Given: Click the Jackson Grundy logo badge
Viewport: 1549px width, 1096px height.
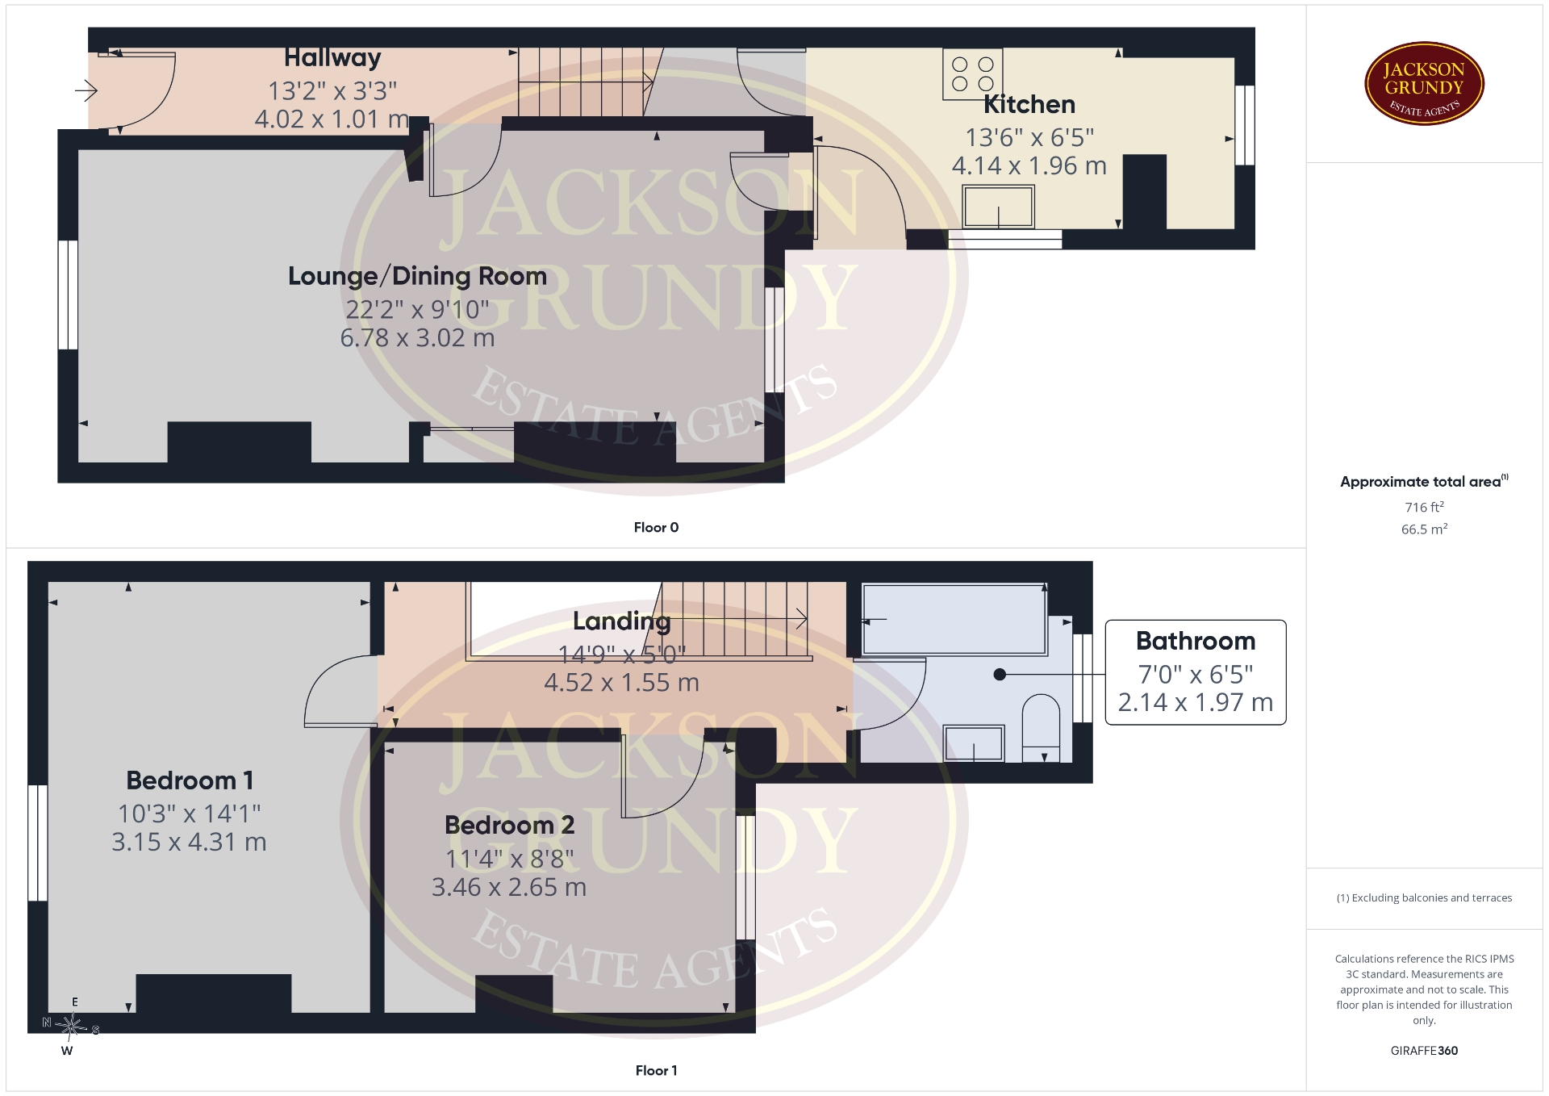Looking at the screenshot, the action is (x=1424, y=83).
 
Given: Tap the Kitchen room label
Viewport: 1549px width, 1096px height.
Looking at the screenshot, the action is (x=1029, y=104).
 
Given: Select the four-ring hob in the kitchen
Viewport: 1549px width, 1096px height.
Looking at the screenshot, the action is (x=973, y=74).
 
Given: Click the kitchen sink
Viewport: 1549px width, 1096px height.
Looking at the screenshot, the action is (x=998, y=206).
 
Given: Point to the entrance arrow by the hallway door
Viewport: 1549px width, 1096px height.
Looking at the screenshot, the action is (x=86, y=90).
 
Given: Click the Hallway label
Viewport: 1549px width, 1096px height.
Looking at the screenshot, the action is (x=332, y=57).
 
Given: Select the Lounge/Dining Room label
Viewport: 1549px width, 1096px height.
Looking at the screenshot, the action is (x=417, y=276).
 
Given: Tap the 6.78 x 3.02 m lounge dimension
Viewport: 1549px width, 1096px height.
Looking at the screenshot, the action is (x=417, y=337).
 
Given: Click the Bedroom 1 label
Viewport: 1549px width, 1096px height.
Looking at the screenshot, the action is (x=190, y=780).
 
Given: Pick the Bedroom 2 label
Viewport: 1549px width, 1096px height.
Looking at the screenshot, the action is (x=509, y=825).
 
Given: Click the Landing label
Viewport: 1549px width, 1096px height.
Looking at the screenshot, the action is (x=621, y=621).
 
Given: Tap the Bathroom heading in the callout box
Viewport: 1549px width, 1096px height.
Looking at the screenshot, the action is (x=1196, y=641).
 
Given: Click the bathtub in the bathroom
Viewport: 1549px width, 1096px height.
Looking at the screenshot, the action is (x=954, y=619).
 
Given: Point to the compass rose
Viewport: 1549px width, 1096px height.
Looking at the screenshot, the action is (x=72, y=1026).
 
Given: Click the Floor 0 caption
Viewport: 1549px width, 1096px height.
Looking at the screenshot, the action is (x=656, y=527).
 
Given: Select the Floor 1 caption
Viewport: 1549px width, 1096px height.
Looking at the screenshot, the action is (x=656, y=1070).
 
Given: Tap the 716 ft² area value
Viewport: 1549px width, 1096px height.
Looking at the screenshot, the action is (x=1424, y=507).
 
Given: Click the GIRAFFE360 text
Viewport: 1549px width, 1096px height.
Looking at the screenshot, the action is (x=1424, y=1050).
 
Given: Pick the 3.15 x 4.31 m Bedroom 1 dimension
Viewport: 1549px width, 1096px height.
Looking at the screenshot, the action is (x=189, y=842).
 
